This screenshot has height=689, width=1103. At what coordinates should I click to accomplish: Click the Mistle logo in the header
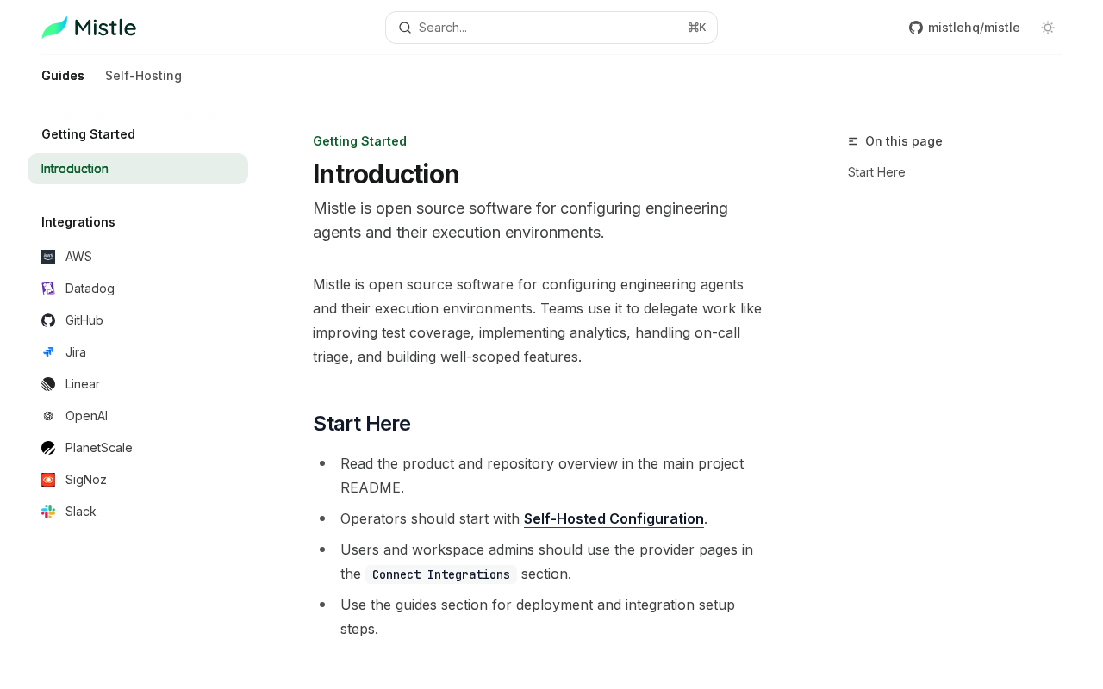(89, 28)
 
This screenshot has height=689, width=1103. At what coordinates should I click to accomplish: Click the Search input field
(551, 28)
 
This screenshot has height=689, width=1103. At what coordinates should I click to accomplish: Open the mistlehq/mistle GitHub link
(964, 28)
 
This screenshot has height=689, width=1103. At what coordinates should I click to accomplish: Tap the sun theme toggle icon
(1048, 28)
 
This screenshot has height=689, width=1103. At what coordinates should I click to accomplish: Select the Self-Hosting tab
(143, 76)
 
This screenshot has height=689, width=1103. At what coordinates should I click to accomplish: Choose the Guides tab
(63, 76)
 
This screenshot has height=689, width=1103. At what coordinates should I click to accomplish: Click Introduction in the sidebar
(75, 169)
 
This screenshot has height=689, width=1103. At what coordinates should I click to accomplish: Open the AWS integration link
(78, 257)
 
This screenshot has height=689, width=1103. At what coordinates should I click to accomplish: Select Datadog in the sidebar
(90, 289)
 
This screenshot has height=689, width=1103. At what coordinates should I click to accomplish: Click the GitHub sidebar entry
(84, 320)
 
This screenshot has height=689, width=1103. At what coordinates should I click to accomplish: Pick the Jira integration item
(76, 352)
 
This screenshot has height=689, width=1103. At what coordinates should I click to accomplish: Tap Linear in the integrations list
(83, 384)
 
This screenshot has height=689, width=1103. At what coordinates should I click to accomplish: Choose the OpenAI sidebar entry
(86, 416)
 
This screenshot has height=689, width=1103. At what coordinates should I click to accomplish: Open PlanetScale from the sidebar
(99, 448)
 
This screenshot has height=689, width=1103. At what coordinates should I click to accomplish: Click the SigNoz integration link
(86, 480)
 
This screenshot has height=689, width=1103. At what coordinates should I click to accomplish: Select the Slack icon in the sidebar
(48, 512)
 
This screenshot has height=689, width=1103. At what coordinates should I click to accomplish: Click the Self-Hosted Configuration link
(614, 518)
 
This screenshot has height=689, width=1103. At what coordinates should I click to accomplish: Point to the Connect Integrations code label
(441, 574)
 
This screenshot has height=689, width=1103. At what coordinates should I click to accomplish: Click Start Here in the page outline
(876, 172)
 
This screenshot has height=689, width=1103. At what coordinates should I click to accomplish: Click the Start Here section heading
(361, 424)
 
